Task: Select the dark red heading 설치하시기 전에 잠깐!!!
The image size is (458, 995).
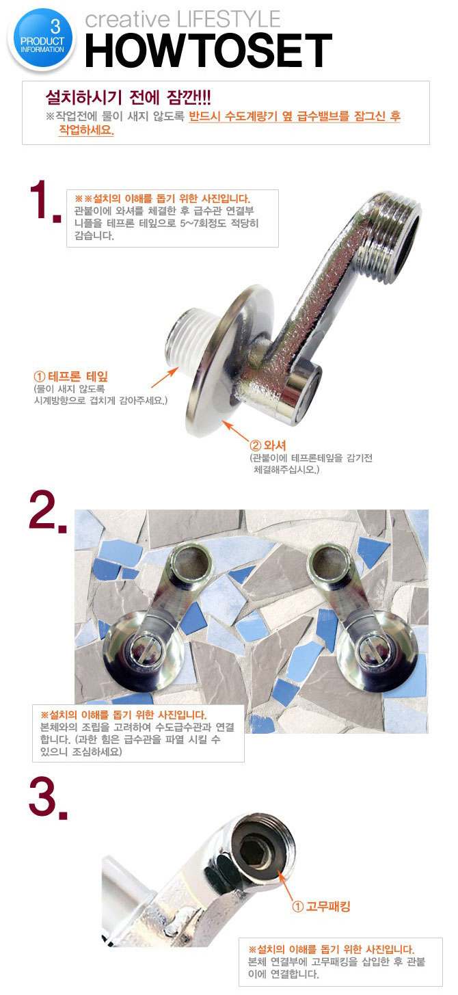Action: (x=128, y=97)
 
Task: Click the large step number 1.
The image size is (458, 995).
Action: (x=44, y=201)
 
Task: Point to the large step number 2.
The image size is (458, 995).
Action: (x=48, y=512)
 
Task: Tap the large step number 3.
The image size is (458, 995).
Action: (x=48, y=798)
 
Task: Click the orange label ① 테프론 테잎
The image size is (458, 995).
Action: (x=70, y=377)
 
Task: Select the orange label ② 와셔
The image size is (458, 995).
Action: (x=268, y=445)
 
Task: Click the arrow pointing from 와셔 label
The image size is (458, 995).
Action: (x=235, y=430)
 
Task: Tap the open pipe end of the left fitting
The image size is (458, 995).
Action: (x=191, y=564)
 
